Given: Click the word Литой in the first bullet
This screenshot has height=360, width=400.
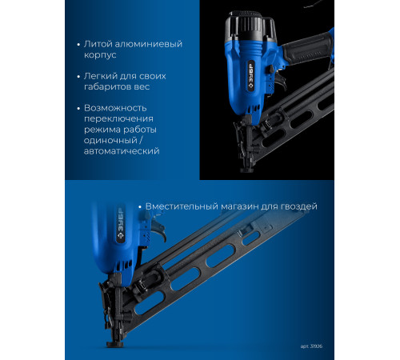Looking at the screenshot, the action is point(97,44).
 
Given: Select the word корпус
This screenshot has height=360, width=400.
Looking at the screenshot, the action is point(100,55).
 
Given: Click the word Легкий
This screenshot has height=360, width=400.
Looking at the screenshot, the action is point(101,76).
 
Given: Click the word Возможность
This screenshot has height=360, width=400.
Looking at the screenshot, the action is point(115,108).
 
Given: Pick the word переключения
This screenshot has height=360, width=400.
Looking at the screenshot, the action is point(118,119).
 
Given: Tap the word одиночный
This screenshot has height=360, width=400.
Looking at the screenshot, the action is point(110,140).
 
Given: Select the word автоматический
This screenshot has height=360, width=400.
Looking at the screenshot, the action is point(122,151).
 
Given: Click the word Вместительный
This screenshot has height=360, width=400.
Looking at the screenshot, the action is point(182,206).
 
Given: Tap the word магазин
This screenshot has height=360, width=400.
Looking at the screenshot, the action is point(240,206).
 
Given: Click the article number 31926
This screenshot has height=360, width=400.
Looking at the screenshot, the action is point(316,346).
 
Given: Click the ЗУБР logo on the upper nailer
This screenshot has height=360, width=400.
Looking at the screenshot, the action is point(251,77).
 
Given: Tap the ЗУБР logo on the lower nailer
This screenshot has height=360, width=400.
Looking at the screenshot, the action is point(121,225).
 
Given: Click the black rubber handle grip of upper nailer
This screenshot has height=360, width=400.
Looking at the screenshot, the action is point(307,49).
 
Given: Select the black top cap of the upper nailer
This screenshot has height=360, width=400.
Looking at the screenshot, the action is point(250,26).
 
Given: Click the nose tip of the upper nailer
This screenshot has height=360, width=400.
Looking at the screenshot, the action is point(246,170).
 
